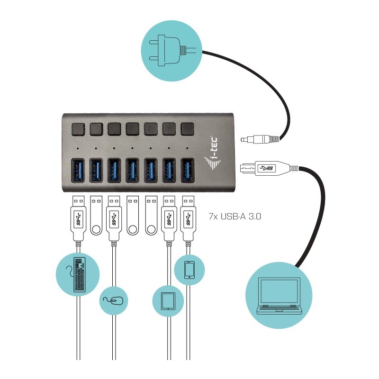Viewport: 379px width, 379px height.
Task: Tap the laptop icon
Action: pos(280,297)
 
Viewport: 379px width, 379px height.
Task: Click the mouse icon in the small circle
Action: pos(114,300)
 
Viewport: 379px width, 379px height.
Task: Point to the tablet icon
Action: pos(168,300)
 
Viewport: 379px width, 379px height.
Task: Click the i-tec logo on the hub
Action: pos(216,151)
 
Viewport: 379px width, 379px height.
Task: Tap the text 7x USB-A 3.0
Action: pos(235,217)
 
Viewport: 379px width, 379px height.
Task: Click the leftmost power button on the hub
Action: pos(78,128)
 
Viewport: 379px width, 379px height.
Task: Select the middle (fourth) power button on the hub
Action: pos(133,128)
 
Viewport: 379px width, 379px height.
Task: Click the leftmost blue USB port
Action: pos(78,170)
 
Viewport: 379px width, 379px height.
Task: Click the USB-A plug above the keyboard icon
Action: pos(79,218)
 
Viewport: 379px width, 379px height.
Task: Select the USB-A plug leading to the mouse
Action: pos(114,218)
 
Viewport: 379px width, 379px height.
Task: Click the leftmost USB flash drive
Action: pos(96,216)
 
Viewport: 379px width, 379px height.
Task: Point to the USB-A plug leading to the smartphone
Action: pos(188,218)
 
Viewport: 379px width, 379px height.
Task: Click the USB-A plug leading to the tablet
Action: pos(169,218)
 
